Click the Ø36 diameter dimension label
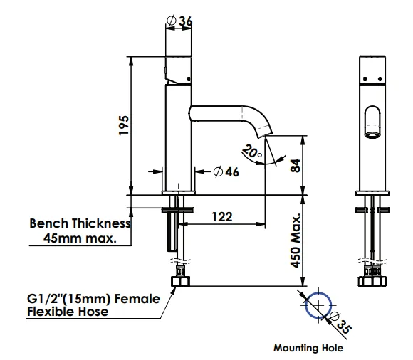pos(179,21)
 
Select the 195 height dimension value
pos(123,125)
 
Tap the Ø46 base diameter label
pos(226,172)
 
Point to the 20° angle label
pos(252,152)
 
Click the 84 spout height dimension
pos(296,166)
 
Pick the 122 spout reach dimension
pos(222,217)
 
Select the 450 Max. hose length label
pos(296,240)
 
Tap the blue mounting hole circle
pos(305,305)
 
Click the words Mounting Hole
pos(308,348)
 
